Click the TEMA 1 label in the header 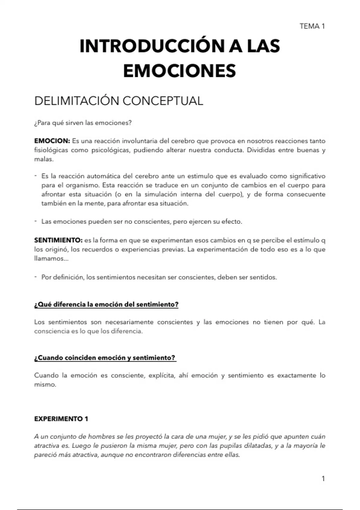[312, 26]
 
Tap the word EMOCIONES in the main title [179, 71]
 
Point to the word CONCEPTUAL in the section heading [163, 101]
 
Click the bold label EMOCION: [52, 141]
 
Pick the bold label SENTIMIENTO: [58, 240]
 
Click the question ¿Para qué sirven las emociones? [83, 123]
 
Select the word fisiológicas [51, 150]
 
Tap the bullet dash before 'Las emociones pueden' [35, 221]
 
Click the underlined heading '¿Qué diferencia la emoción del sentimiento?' [106, 304]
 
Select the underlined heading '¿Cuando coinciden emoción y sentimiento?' [105, 358]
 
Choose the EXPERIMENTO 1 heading [61, 419]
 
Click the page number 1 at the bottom [323, 479]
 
